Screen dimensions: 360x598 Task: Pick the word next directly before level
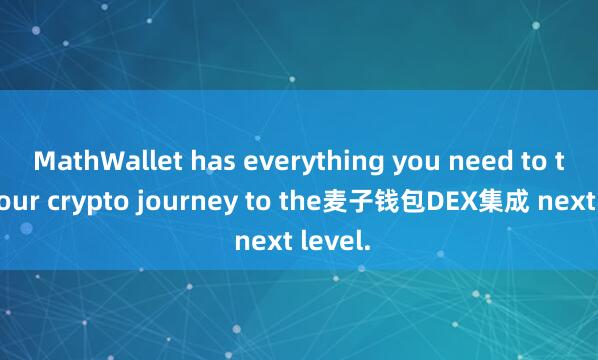(261, 241)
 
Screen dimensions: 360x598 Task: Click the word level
(331, 241)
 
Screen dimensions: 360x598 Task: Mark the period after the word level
(361, 247)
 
